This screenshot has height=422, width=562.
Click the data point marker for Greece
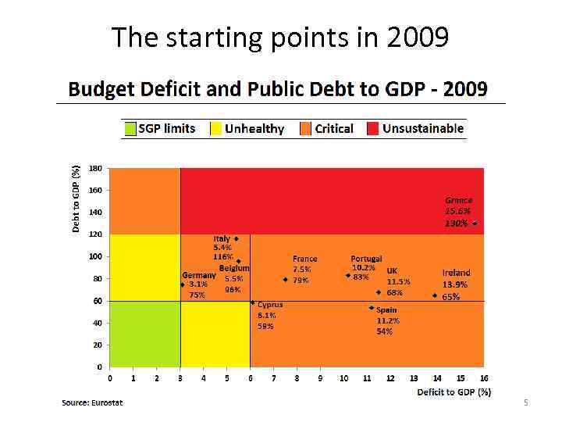point(475,224)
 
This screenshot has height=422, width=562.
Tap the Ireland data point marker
point(435,296)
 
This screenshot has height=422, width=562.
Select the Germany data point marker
point(182,284)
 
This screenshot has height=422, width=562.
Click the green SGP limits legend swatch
point(130,128)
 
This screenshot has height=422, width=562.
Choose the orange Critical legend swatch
point(306,128)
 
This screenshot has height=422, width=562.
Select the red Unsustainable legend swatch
point(373,128)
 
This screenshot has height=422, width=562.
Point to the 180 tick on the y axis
point(95,168)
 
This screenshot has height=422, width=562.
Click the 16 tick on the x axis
point(484,378)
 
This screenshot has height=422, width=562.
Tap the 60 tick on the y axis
point(98,301)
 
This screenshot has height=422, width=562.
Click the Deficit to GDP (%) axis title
point(454,392)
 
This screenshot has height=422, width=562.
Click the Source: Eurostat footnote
point(92,402)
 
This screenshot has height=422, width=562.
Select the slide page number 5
point(526,402)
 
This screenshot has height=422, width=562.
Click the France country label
point(304,258)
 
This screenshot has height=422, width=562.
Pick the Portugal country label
point(366,258)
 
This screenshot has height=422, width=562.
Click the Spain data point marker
point(372,308)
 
